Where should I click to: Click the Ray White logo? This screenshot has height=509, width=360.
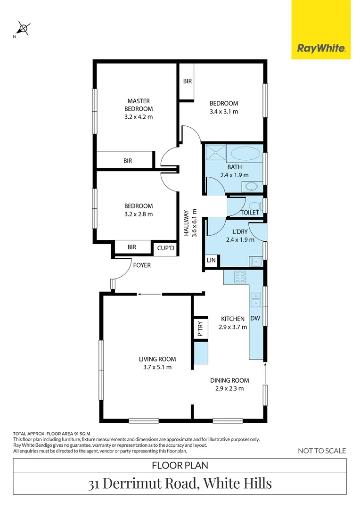pos(321,48)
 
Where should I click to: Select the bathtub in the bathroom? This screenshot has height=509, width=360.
pos(244,153)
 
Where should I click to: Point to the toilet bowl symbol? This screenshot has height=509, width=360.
pos(255,205)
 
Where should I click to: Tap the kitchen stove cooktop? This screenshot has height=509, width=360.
pos(239,277)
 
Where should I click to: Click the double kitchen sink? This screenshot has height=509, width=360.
pos(256,299)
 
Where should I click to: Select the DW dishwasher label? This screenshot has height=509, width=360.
pos(255,319)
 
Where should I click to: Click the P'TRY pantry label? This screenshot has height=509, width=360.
pos(200,328)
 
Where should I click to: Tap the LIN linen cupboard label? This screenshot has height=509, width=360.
pos(210,260)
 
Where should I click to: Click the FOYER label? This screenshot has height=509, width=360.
pos(142,265)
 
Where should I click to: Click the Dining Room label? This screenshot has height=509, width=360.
pos(229,380)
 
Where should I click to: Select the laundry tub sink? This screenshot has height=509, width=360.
pos(256,261)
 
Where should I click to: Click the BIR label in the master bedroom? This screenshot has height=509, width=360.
pos(128,161)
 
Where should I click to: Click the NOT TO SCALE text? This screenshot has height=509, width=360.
pos(322,451)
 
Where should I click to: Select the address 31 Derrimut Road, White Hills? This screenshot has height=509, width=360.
pos(180,484)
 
